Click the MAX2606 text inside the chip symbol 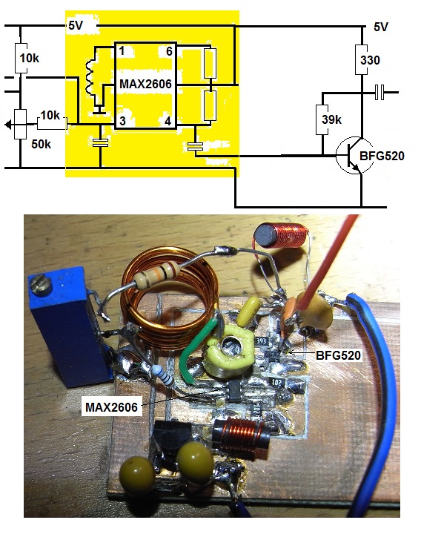pos(145,84)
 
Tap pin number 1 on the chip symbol pos(122,51)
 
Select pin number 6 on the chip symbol pos(169,51)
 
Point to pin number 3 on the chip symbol pos(122,121)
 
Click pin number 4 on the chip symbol pos(168,121)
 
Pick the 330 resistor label pos(370,60)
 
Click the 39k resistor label pos(332,119)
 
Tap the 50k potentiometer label pos(42,144)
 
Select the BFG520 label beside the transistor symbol pos(382,156)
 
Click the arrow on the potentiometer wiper pos(10,125)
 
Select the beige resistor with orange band pos(156,274)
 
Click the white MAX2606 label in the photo pos(111,407)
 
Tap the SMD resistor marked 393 pos(262,341)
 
